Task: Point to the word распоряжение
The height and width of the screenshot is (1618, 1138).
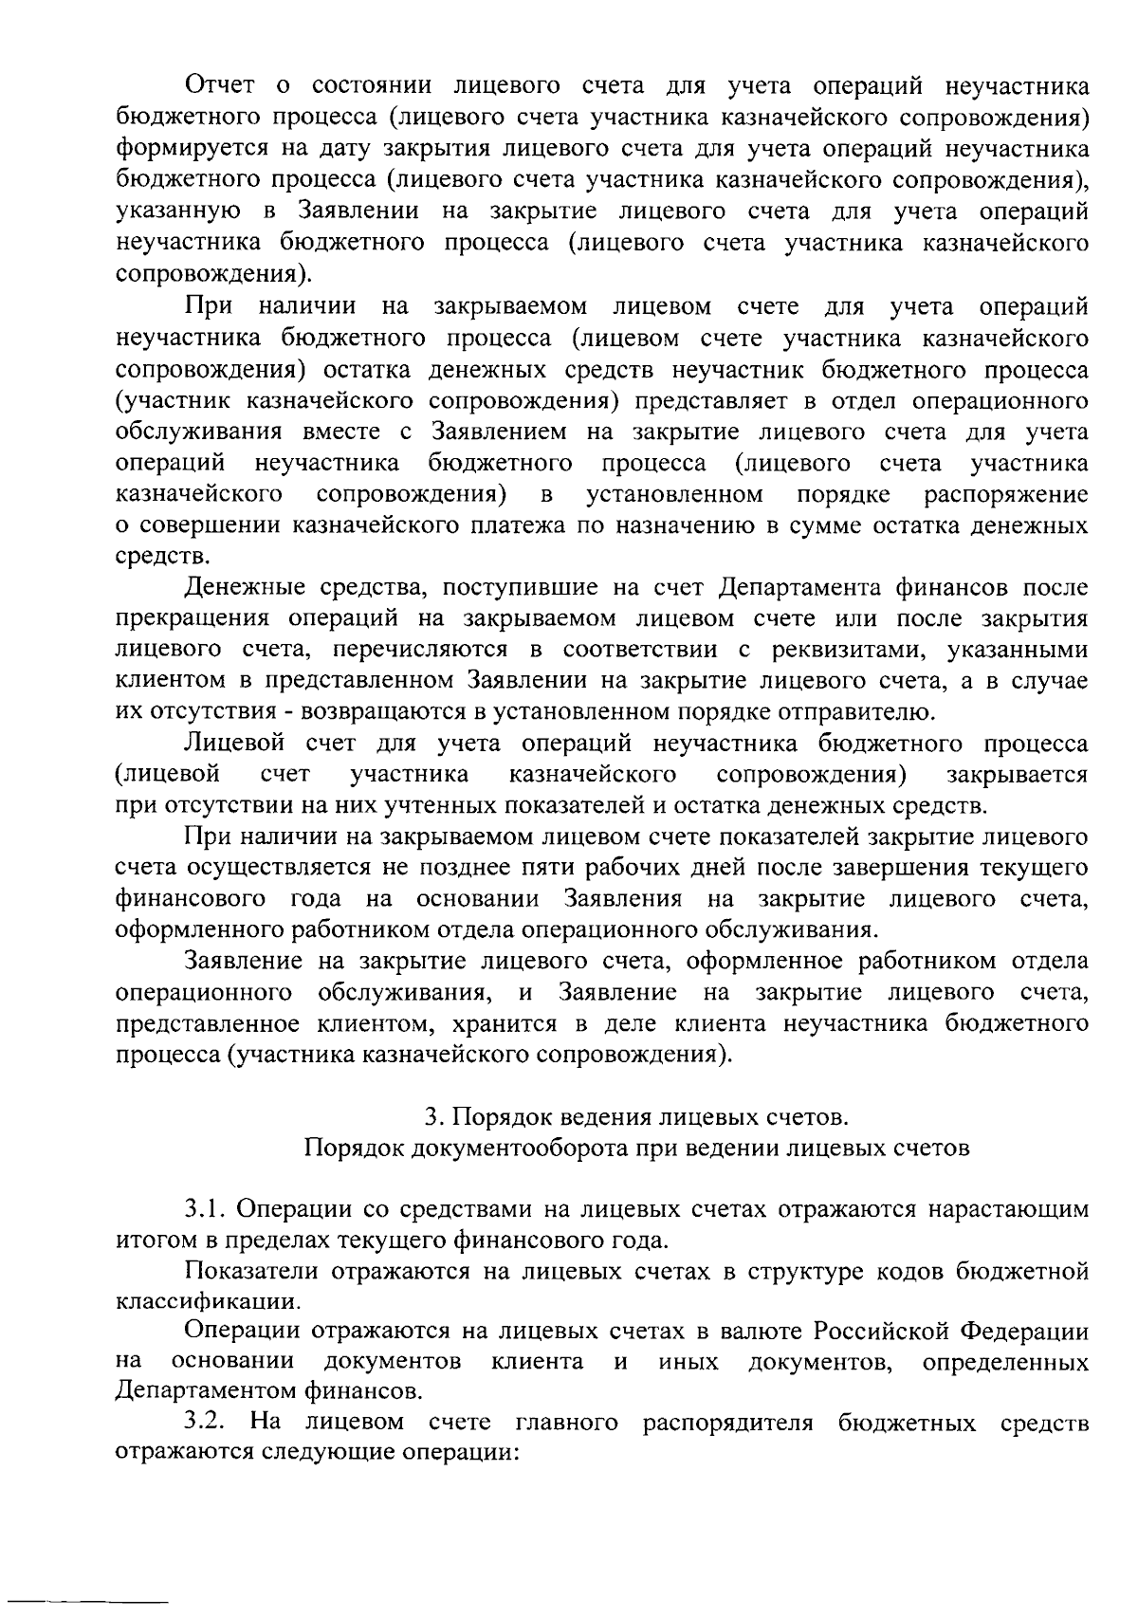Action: [x=1006, y=494]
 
